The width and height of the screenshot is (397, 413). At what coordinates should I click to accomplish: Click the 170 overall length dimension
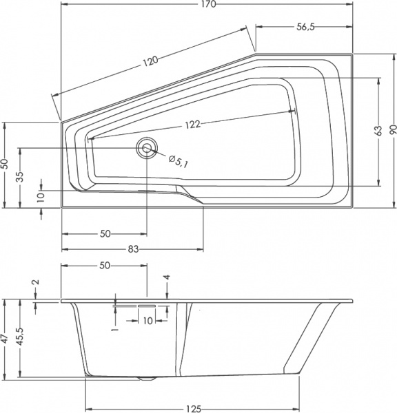(x=209, y=6)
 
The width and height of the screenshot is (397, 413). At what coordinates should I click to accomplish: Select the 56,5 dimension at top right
(x=305, y=28)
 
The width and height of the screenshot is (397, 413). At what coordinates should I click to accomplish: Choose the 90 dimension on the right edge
(x=391, y=131)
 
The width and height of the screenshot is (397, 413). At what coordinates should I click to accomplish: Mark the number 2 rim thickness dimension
(x=36, y=282)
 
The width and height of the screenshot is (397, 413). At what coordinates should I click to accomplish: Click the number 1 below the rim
(x=116, y=330)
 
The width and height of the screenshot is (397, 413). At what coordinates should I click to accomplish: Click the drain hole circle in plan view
(x=146, y=148)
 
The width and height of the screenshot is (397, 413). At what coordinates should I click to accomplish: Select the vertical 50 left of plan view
(x=5, y=164)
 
